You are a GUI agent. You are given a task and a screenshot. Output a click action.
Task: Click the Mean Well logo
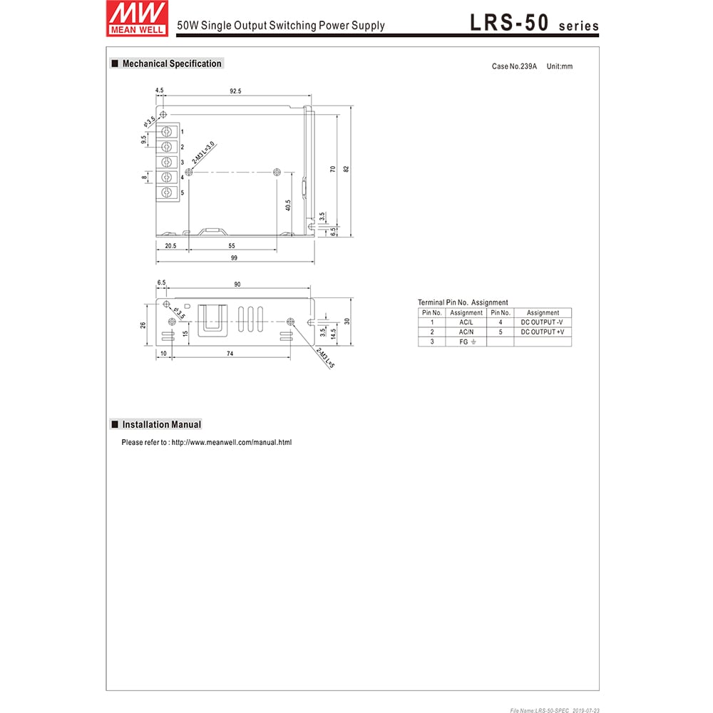137,18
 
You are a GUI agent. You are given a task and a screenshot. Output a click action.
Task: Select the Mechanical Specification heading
171,63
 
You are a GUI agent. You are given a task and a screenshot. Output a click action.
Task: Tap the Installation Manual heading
161,424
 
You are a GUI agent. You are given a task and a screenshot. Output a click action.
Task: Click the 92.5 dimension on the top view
235,91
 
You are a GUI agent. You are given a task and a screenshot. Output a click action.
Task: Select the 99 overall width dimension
235,258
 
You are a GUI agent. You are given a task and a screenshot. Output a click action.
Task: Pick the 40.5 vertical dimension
288,205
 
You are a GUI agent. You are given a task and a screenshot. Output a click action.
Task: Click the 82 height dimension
347,169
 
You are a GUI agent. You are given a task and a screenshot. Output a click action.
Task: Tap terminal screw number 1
168,132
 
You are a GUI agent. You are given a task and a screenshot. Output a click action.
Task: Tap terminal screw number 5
168,193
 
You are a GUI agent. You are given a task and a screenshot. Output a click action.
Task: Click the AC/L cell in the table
466,322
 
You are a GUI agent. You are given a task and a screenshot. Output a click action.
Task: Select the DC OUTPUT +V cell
542,332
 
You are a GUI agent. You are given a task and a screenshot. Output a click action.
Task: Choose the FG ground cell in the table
466,342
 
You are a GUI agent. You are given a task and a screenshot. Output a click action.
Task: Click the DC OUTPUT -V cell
542,322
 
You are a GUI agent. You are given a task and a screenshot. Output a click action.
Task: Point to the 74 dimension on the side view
230,354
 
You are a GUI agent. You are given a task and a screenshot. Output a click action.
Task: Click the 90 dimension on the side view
237,284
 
